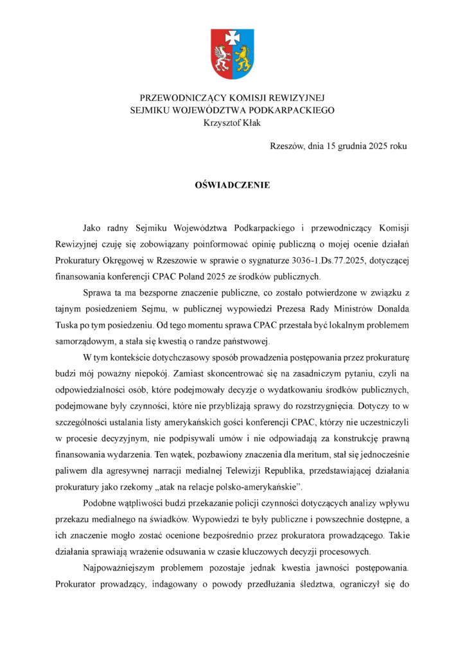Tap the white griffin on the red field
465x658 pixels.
point(223,58)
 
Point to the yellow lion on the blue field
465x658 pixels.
point(242,58)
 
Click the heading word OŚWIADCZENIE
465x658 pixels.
point(232,185)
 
